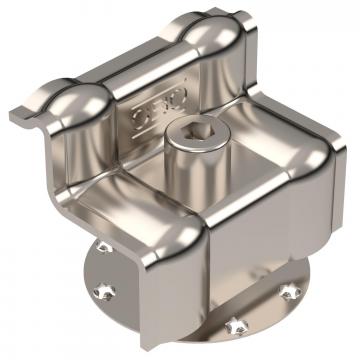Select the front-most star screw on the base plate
point(236,325)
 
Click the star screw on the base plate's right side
point(289,291)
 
